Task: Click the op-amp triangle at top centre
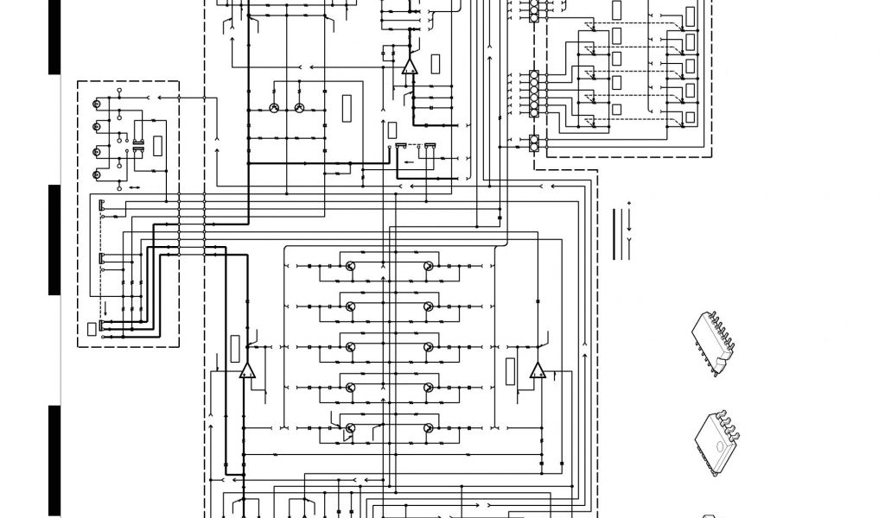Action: (409, 66)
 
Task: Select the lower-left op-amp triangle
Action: (247, 371)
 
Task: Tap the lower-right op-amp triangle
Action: (538, 371)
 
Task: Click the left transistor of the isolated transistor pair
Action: (274, 108)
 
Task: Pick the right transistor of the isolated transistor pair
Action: (299, 108)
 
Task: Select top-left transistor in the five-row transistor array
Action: (351, 267)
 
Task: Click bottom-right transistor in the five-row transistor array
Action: (427, 427)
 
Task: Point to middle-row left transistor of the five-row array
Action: (351, 347)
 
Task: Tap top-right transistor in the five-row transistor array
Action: (427, 267)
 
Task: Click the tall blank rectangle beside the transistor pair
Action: (347, 109)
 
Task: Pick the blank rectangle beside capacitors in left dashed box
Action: (158, 145)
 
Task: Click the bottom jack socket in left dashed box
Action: (97, 175)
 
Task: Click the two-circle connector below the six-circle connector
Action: (534, 143)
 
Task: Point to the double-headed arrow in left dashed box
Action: (134, 186)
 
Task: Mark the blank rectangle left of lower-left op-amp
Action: (234, 349)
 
